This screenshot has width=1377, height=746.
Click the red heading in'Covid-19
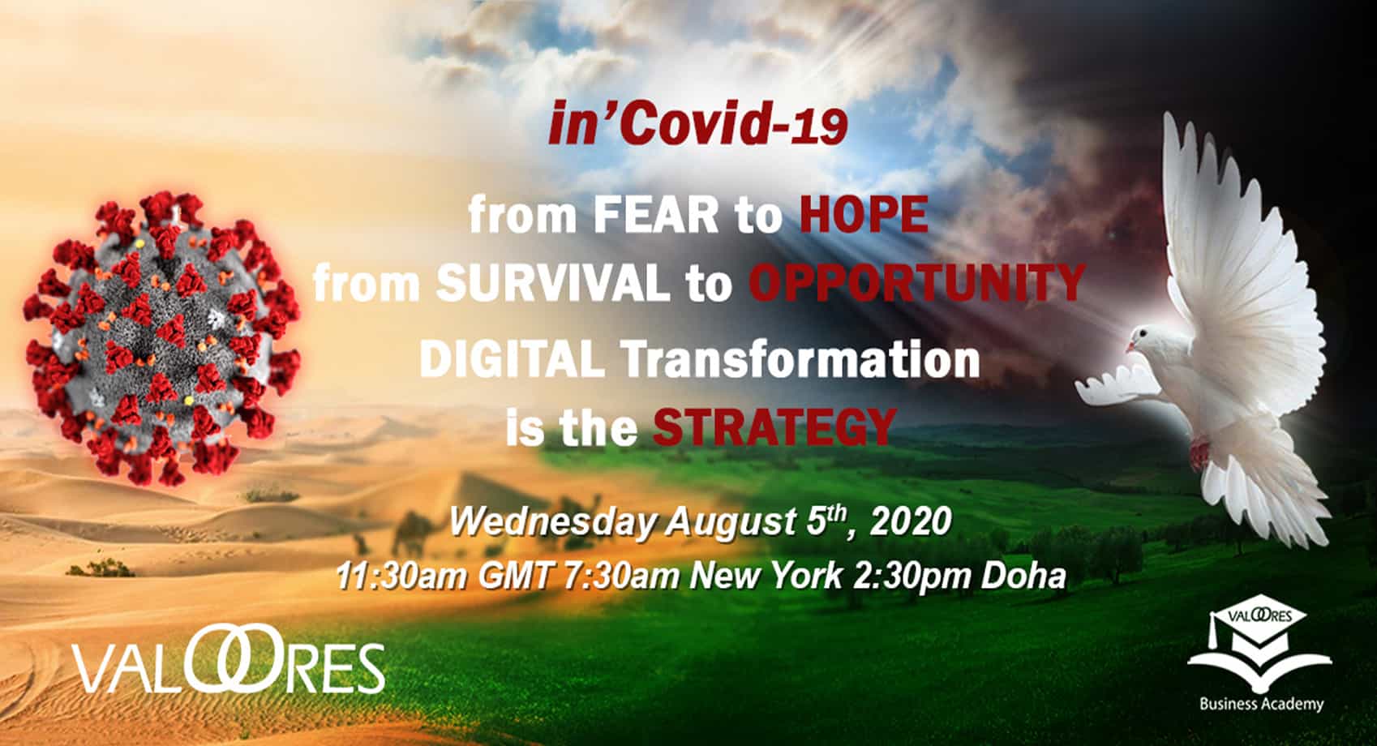pyautogui.click(x=697, y=125)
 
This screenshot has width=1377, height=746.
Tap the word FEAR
pyautogui.click(x=655, y=215)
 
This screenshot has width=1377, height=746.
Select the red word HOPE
pyautogui.click(x=864, y=215)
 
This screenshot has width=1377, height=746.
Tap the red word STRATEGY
pyautogui.click(x=774, y=427)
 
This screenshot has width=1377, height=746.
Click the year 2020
pyautogui.click(x=911, y=521)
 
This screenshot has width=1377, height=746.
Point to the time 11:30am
pyautogui.click(x=401, y=577)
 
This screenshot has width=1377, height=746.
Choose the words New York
pyautogui.click(x=766, y=577)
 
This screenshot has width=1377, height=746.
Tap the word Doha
pyautogui.click(x=1023, y=577)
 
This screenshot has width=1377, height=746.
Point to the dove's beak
pyautogui.click(x=1130, y=347)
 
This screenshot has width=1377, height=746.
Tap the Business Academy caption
pyautogui.click(x=1261, y=704)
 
